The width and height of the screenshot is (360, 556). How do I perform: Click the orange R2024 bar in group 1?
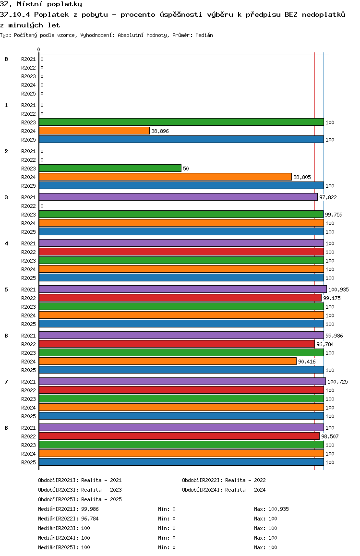94,131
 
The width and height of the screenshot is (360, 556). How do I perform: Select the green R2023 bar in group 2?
110,169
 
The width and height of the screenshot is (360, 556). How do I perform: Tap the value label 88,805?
302,177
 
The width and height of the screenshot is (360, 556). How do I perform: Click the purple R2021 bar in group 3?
178,197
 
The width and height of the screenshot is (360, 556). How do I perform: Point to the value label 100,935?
338,290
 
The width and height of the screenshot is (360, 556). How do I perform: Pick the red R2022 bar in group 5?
180,298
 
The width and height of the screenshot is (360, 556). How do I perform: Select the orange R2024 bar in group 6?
168,362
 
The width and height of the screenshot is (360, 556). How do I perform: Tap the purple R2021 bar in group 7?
182,382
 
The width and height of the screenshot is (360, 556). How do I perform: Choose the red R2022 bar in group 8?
179,436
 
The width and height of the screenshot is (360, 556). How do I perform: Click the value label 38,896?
160,131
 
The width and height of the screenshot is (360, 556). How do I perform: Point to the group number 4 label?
6,243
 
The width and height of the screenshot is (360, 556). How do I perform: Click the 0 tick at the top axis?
39,49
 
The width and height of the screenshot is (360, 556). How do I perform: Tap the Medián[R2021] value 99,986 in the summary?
90,509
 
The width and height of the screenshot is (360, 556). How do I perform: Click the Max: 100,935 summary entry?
271,509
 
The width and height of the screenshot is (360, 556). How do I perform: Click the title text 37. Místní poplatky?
41,4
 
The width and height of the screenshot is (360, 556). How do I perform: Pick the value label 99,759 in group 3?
335,215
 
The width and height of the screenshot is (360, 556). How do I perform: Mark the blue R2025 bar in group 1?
181,140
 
